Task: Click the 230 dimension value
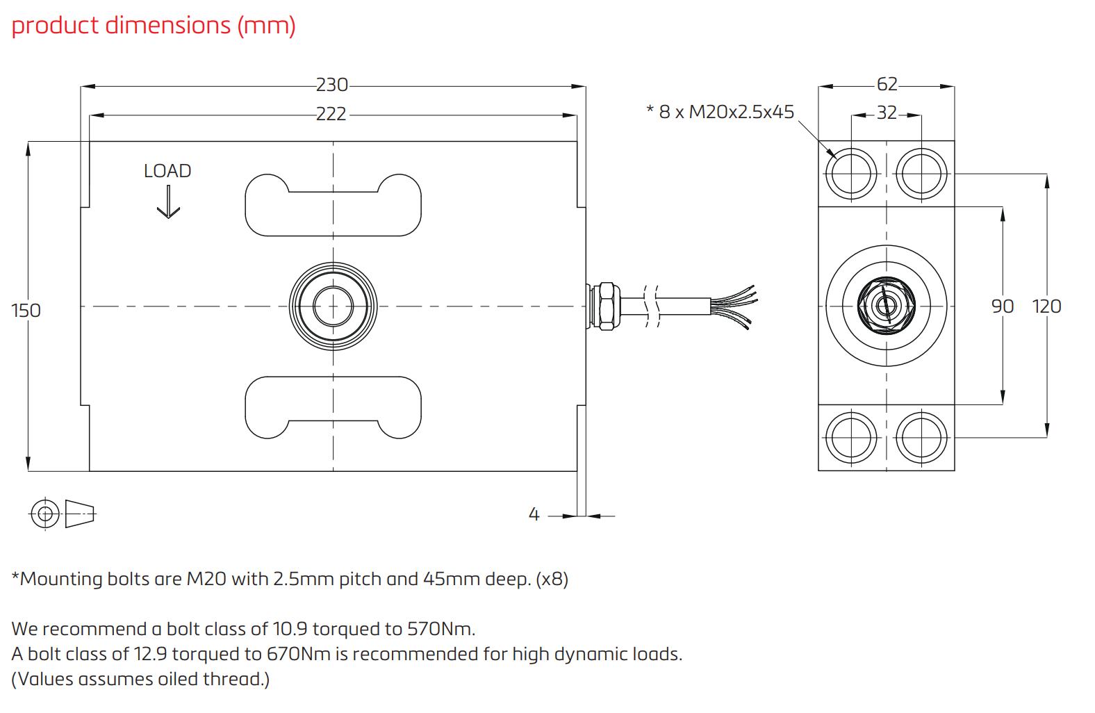click(331, 85)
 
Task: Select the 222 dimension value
click(331, 114)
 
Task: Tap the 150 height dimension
click(26, 310)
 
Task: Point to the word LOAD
click(167, 171)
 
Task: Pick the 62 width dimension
click(887, 85)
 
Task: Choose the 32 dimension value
click(887, 113)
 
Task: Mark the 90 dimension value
click(1002, 306)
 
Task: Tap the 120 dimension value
click(1046, 306)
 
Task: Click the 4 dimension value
click(534, 515)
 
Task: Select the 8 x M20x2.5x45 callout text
click(720, 113)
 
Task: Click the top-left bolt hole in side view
click(851, 173)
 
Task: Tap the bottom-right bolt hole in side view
click(921, 437)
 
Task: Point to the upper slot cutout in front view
click(334, 205)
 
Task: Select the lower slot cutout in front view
click(334, 407)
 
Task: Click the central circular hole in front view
click(333, 306)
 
